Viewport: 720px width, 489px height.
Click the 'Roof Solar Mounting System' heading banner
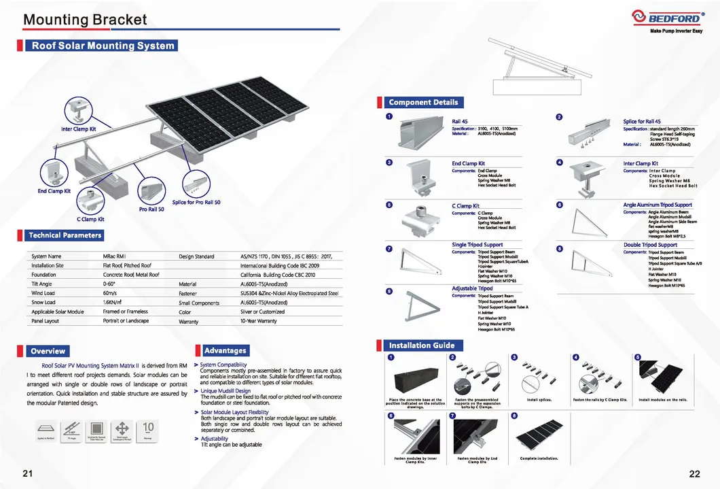(x=103, y=46)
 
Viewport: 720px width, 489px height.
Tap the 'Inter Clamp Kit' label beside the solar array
(x=79, y=129)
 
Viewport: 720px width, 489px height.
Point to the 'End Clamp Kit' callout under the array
(x=54, y=191)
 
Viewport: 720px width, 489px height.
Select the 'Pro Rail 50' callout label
(x=151, y=209)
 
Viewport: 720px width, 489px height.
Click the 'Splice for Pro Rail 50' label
(x=196, y=202)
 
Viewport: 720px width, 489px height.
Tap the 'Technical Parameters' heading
(x=65, y=235)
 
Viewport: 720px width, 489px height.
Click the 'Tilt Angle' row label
(x=43, y=284)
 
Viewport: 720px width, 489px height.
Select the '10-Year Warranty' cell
(x=259, y=321)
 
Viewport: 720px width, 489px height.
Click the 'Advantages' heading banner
(x=225, y=350)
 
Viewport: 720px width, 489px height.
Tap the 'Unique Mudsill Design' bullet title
(x=226, y=390)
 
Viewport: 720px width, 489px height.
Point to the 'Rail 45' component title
(x=460, y=121)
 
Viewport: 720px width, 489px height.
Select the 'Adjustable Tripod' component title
(x=472, y=288)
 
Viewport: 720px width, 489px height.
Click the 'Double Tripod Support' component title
(x=650, y=245)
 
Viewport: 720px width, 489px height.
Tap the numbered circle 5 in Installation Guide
(x=637, y=357)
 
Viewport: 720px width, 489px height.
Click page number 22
(x=694, y=474)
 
